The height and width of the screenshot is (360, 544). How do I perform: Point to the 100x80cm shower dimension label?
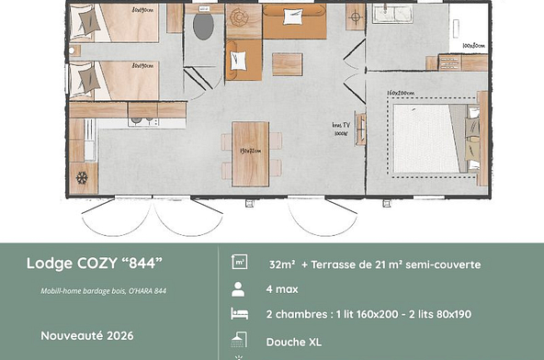pyautogui.click(x=474, y=45)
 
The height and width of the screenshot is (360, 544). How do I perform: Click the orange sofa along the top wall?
pyautogui.click(x=294, y=20)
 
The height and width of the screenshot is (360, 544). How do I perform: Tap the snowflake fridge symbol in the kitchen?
pyautogui.click(x=82, y=175)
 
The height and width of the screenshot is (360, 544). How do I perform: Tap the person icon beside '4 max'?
pyautogui.click(x=239, y=289)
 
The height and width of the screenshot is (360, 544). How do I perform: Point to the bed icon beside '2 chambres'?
pyautogui.click(x=239, y=314)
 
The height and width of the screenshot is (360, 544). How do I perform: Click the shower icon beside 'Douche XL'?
pyautogui.click(x=239, y=339)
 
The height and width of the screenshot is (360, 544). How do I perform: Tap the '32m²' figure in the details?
pyautogui.click(x=283, y=264)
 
